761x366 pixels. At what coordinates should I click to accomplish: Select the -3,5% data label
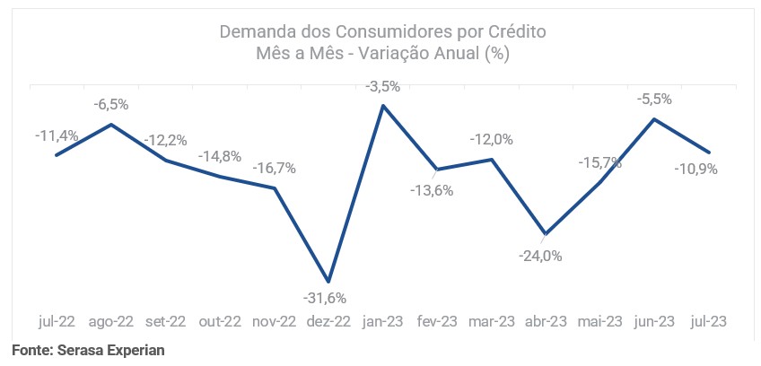(x=383, y=87)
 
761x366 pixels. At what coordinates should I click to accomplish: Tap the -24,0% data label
(x=541, y=256)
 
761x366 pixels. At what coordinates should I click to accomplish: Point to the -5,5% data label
(x=654, y=100)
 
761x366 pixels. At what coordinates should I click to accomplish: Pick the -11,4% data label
(x=57, y=136)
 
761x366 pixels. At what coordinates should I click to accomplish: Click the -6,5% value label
(x=111, y=105)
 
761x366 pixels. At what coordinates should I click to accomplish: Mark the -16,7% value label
(x=275, y=168)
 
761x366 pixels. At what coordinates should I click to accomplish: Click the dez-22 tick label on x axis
(x=328, y=321)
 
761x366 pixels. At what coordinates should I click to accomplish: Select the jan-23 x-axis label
(x=383, y=321)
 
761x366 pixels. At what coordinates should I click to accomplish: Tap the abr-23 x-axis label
(x=547, y=321)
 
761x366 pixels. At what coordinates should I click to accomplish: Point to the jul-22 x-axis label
(x=57, y=321)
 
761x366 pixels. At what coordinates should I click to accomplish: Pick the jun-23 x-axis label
(x=655, y=321)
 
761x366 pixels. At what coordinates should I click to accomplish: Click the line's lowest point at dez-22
(x=328, y=282)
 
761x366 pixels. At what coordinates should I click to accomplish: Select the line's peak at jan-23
(x=383, y=106)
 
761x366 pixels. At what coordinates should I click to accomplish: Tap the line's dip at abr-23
(x=546, y=233)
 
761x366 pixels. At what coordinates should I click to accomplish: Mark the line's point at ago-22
(x=111, y=125)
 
